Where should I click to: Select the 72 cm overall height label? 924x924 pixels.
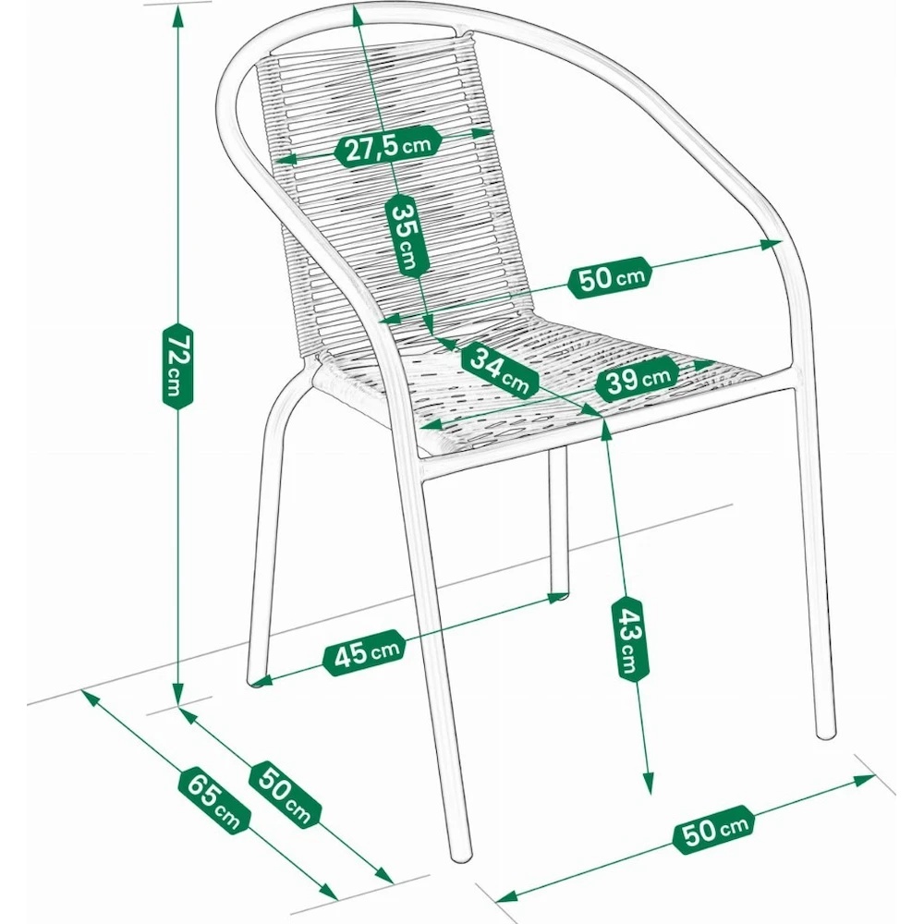177,366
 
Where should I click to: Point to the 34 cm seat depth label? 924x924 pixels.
500,371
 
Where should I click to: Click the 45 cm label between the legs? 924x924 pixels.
365,652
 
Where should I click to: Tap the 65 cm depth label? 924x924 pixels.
214,801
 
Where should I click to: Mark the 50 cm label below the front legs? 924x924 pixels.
714,829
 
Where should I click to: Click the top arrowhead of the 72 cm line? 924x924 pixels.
176,16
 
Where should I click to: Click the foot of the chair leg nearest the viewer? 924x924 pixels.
461,856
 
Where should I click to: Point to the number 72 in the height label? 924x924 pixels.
178,349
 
